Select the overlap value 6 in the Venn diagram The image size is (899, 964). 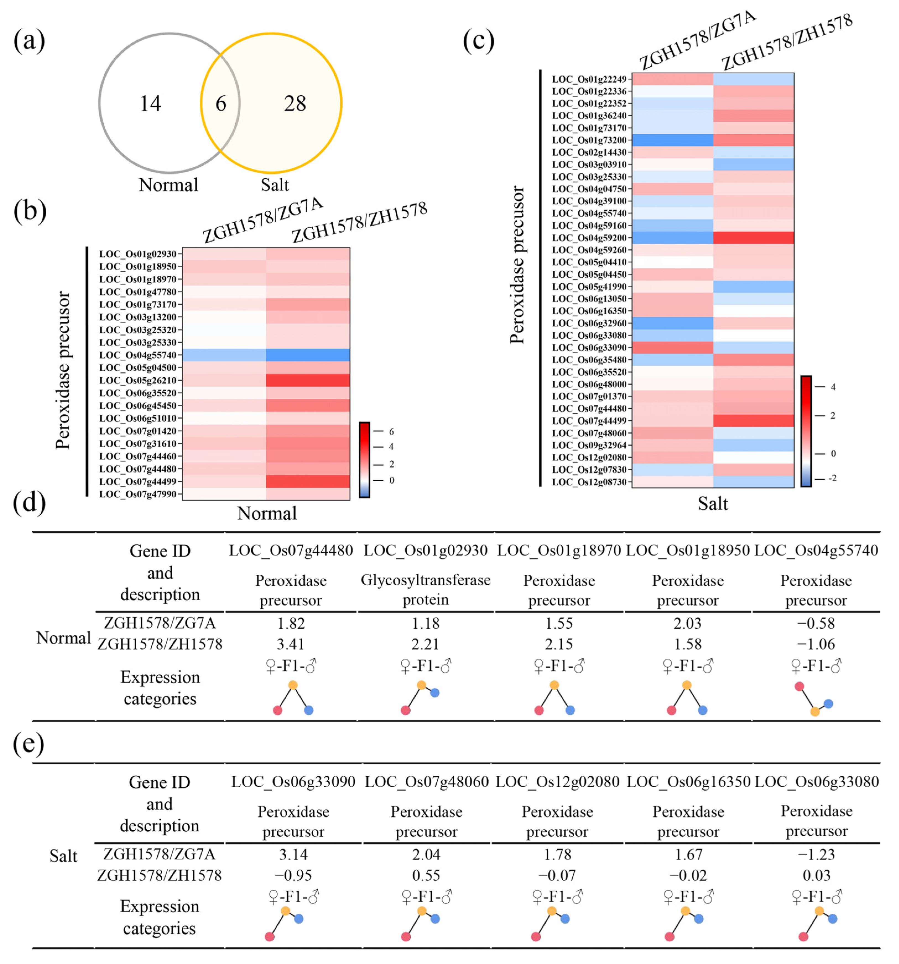(221, 103)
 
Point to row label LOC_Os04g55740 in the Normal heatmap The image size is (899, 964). (138, 355)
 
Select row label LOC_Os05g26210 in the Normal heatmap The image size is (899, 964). (138, 380)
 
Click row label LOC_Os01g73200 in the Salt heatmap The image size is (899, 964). (589, 140)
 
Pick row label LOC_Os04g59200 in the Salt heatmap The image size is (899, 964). (589, 237)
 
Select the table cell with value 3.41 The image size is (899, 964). (291, 644)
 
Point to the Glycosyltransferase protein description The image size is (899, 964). (426, 590)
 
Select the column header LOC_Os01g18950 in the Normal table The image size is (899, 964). (687, 550)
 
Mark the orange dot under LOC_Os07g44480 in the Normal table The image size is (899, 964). (293, 685)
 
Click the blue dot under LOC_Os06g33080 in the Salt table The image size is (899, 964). (833, 918)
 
